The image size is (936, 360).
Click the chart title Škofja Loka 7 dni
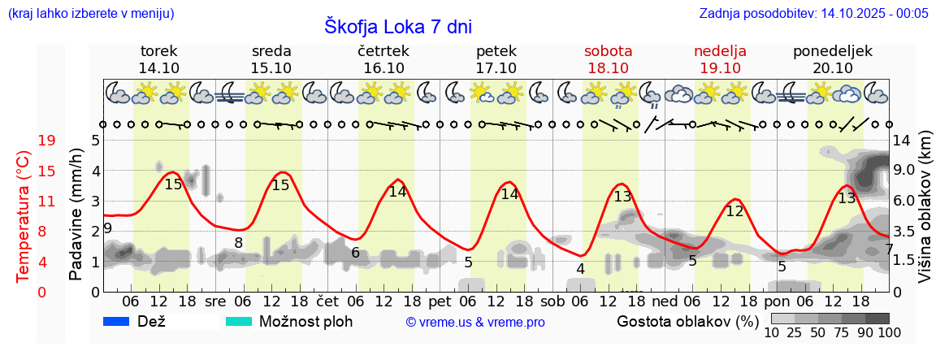coord(398,26)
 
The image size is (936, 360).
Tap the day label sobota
coord(608,51)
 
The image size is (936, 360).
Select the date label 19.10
coord(720,67)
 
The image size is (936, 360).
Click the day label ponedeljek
coord(833,51)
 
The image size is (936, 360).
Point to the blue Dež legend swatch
coord(118,321)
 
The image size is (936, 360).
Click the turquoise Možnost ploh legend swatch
coord(239,321)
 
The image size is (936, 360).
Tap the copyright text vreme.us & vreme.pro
coord(475,322)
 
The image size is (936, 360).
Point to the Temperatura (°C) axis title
coord(24,215)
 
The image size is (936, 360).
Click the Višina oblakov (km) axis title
coord(925,215)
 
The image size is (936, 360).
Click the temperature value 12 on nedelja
coord(734,212)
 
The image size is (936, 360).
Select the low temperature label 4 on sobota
coord(580,269)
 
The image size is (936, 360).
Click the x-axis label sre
coord(215,300)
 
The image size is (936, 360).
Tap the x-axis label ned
coord(665,300)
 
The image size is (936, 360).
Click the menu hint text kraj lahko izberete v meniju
coord(90,13)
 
